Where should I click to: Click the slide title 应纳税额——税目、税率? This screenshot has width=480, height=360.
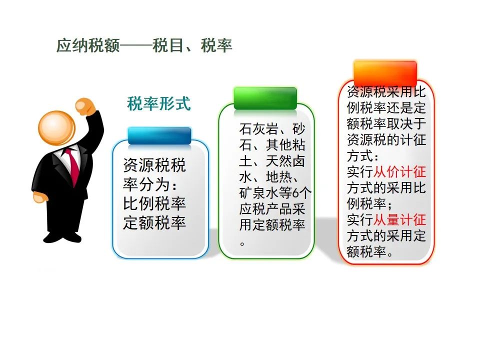coord(144,45)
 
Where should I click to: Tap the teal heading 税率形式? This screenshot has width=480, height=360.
coord(159,103)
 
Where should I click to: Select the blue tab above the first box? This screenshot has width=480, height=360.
coord(159,136)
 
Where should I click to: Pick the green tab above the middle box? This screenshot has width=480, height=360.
coord(265,98)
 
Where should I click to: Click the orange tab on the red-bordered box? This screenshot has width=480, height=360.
coord(385,73)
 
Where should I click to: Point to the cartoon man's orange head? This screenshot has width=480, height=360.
coord(56,128)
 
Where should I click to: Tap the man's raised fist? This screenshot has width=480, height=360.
coord(84,106)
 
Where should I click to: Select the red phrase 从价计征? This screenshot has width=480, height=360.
coord(399,171)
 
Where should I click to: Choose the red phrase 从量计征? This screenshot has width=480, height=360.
coord(399,219)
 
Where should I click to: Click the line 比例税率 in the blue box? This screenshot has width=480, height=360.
coord(154,203)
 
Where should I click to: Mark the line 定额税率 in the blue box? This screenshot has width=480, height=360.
coord(154,222)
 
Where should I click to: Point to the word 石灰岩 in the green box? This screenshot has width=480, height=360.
coord(258,129)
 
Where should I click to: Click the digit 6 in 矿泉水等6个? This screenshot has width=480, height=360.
coord(295,193)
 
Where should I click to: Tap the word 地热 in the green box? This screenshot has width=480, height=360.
coord(278,176)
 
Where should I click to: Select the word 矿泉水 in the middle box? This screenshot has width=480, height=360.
coord(258,193)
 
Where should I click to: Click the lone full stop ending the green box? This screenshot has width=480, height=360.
coord(242,244)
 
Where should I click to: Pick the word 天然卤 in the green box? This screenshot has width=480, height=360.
coord(285,160)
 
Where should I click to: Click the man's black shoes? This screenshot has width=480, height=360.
coord(62,237)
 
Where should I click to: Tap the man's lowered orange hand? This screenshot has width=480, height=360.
coord(40,197)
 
